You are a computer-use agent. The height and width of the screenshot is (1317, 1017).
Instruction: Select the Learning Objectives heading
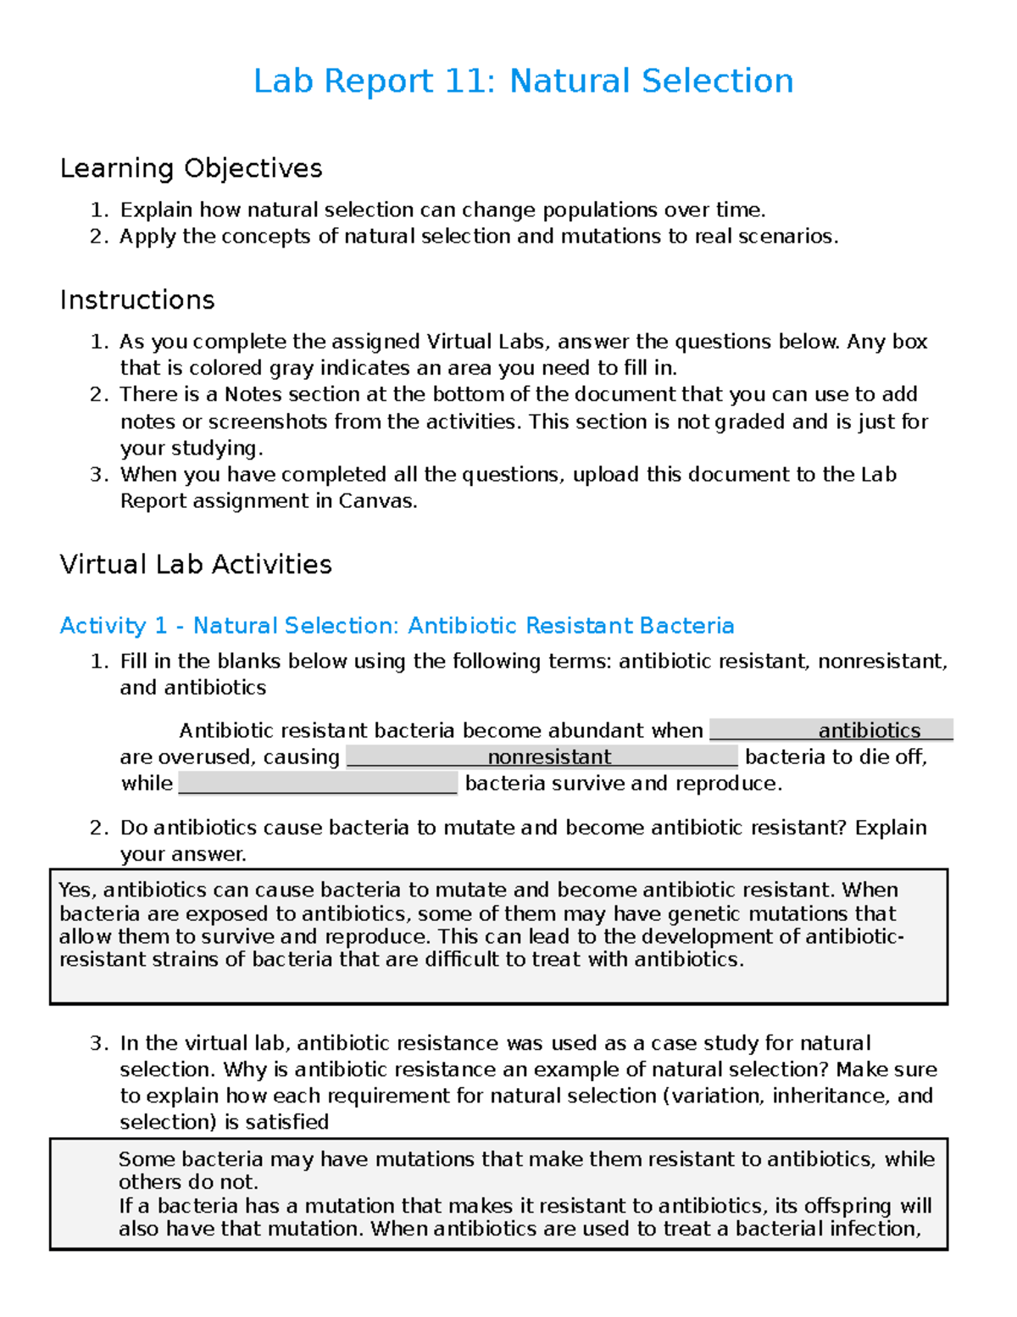191,168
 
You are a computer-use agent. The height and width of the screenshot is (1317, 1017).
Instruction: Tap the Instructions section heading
137,300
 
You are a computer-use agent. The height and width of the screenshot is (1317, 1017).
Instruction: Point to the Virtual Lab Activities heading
196,565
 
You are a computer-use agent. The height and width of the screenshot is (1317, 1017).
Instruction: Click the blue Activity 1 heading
397,626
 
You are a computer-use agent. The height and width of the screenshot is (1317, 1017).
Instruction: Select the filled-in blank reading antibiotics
869,730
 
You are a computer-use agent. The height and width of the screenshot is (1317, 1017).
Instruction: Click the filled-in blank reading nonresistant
549,756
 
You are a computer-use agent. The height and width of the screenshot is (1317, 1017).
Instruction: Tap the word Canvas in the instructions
376,501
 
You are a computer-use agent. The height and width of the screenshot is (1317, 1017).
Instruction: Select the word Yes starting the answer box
79,890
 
